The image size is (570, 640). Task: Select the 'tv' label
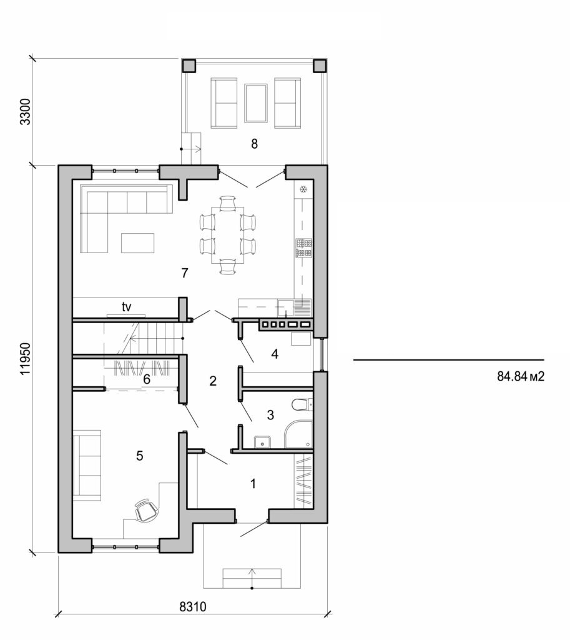coord(126,307)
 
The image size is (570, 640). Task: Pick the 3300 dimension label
coord(25,111)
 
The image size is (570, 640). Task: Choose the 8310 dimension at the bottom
coord(193,606)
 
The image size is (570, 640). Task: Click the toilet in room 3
coord(302,405)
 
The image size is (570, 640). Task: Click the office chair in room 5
coord(145,510)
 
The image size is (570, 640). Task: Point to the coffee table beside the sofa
coord(137,242)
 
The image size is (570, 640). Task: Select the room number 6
coord(146,379)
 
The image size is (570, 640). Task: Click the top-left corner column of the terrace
coord(189,66)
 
